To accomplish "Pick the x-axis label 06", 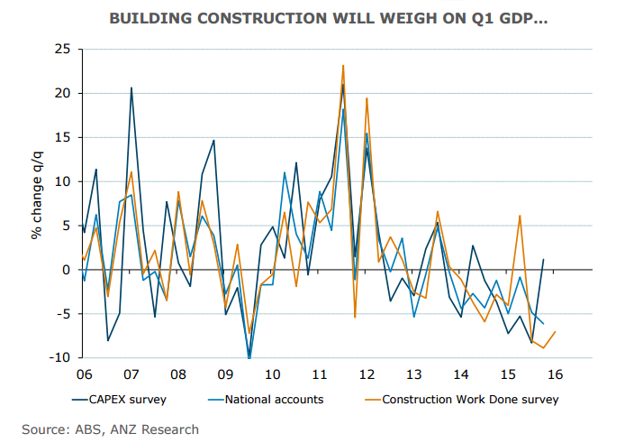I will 84,374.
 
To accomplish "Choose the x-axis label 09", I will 225,374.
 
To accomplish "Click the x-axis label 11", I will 319,374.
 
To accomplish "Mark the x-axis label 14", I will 460,374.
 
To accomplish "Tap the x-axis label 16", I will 555,374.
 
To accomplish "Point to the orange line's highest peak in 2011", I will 343,65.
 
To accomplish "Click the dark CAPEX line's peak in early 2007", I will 131,88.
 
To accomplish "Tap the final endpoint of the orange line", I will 556,332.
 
